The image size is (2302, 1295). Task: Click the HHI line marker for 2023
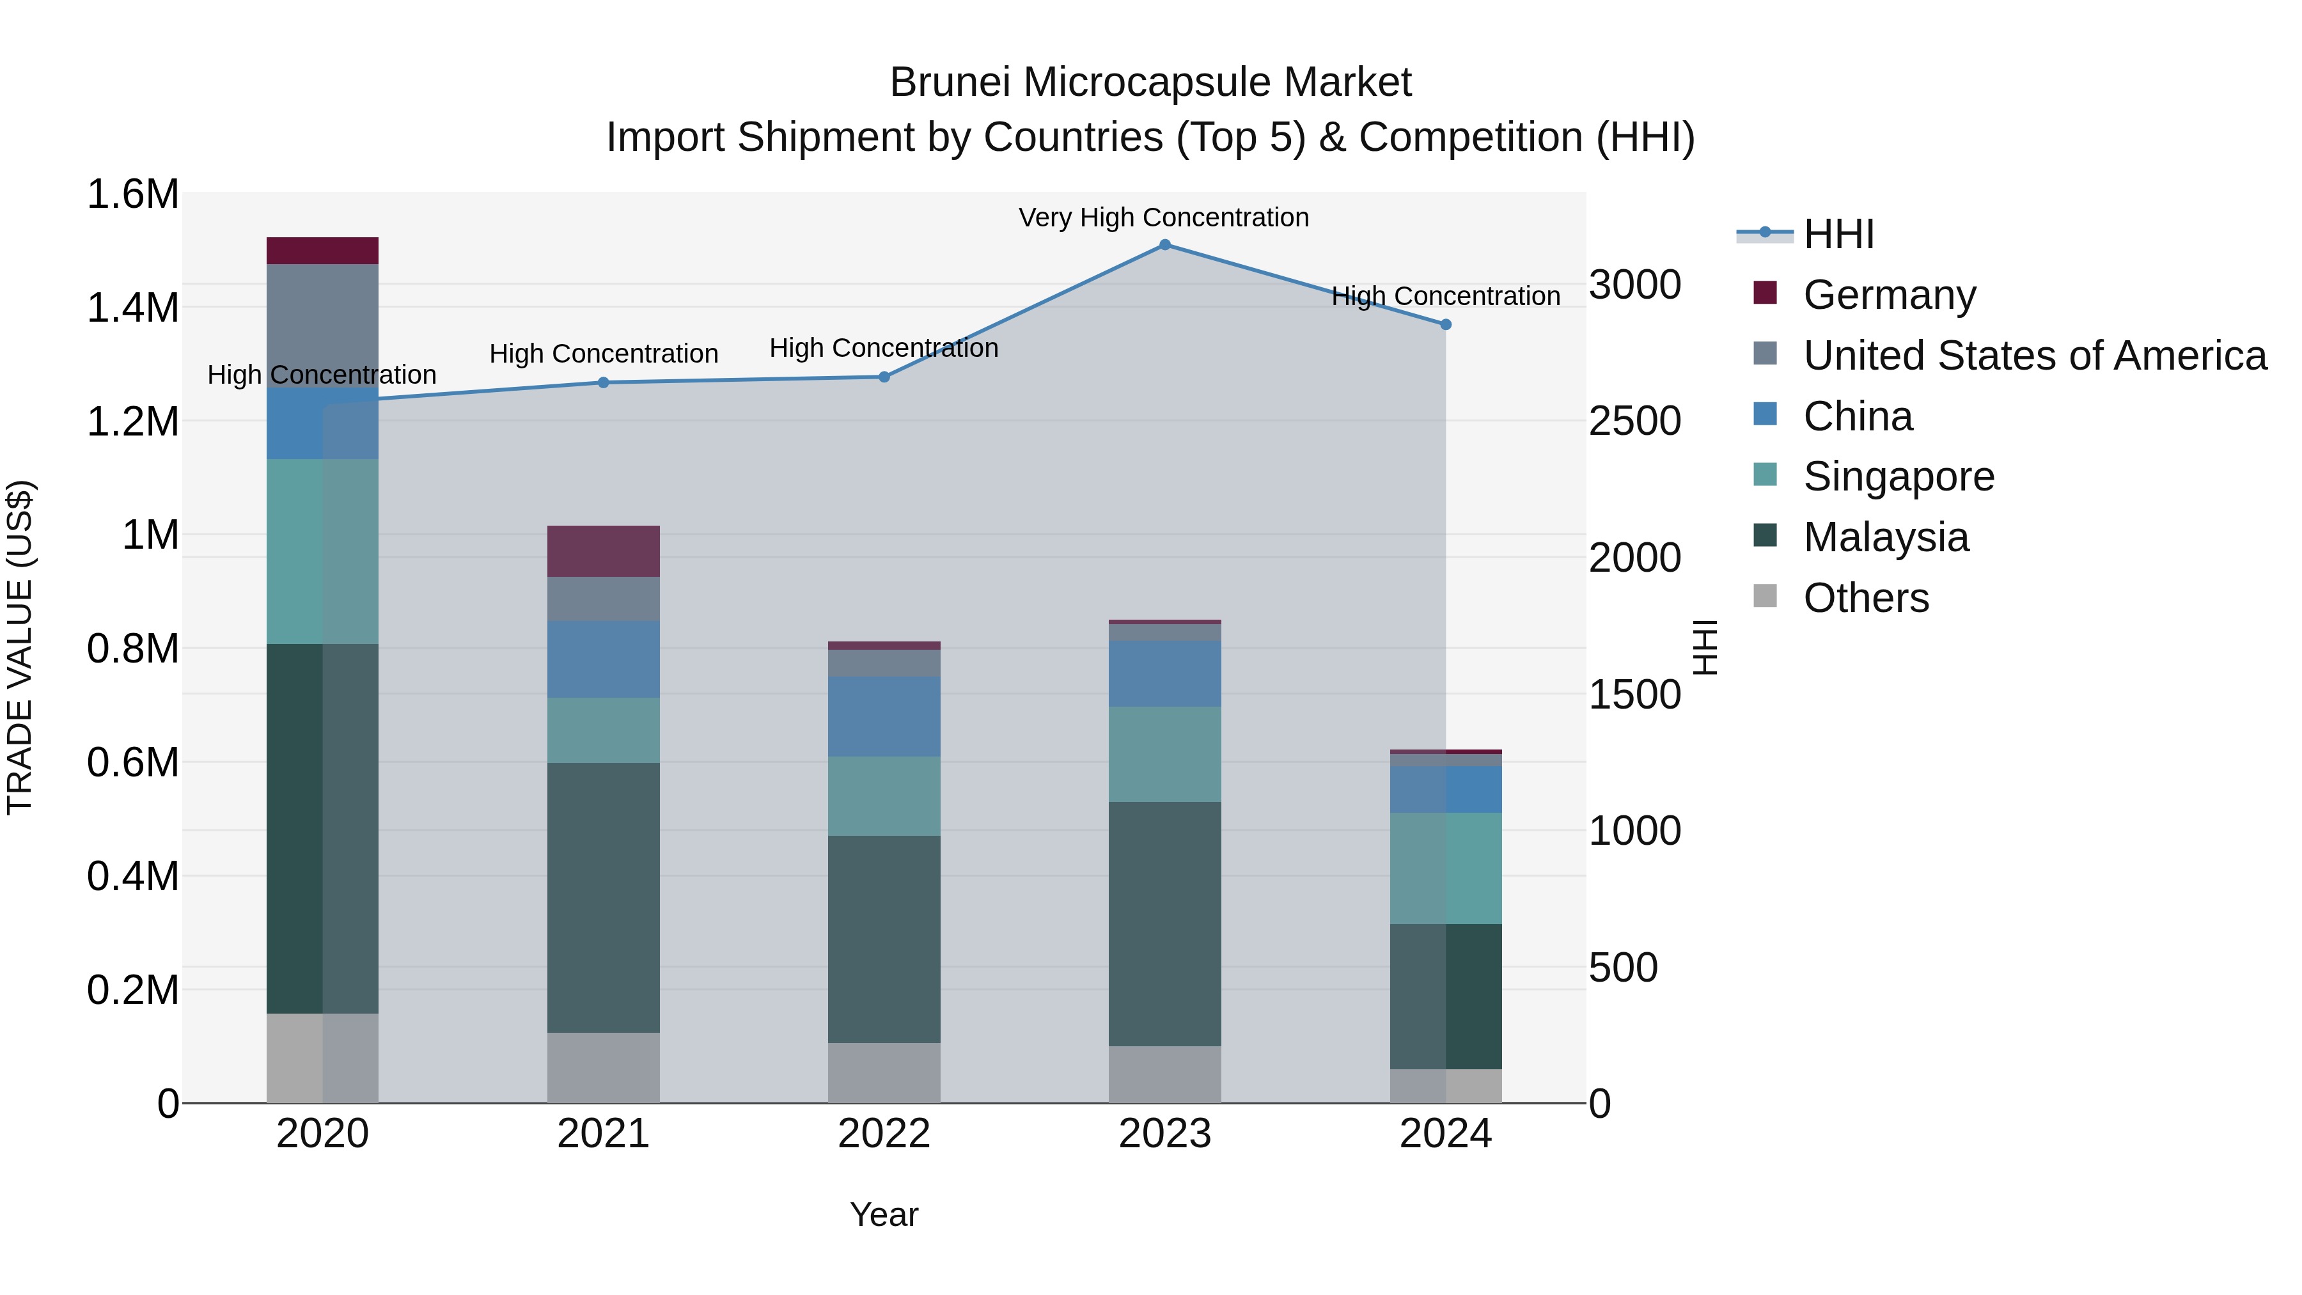point(1164,245)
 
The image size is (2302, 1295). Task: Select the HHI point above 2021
point(603,382)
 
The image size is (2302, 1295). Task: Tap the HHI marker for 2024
point(1446,324)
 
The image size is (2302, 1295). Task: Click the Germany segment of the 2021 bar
point(603,551)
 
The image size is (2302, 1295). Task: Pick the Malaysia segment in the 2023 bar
point(1164,923)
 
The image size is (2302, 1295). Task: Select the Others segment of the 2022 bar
point(884,1072)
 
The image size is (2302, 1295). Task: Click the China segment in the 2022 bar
point(884,717)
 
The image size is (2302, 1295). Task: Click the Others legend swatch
point(1765,596)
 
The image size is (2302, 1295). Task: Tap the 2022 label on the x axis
point(884,1134)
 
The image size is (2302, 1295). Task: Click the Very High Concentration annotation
point(1164,217)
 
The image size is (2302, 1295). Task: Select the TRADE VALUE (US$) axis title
point(20,647)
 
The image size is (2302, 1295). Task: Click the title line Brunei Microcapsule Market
point(1150,82)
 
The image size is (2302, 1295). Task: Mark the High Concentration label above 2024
point(1446,296)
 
